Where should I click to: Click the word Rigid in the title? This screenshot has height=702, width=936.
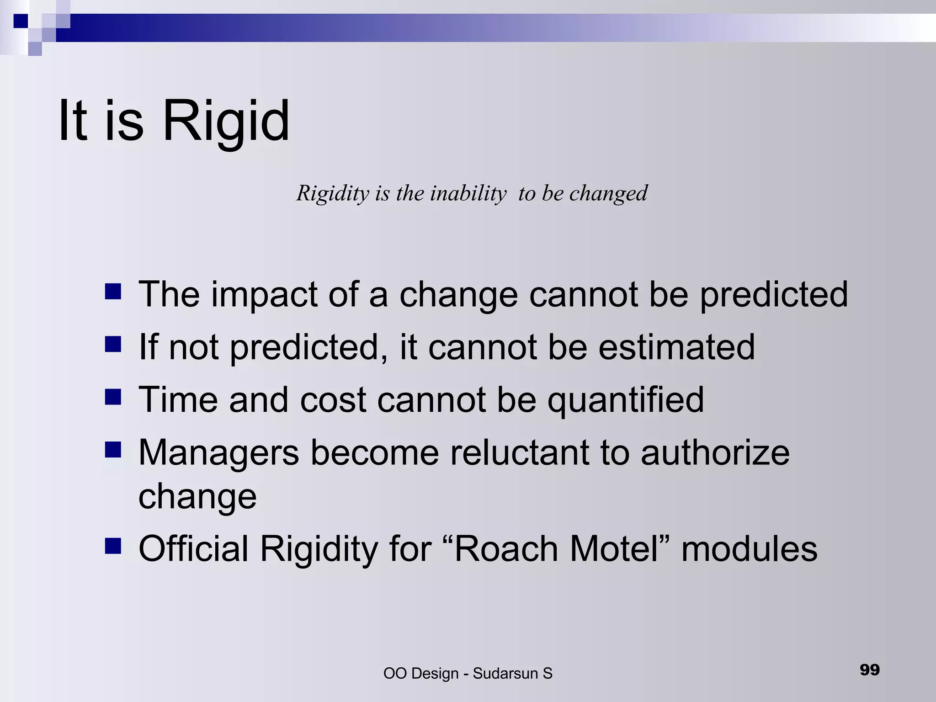click(x=226, y=121)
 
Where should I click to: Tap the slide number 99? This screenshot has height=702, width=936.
click(x=869, y=670)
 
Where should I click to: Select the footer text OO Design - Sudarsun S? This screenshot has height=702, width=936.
click(x=468, y=673)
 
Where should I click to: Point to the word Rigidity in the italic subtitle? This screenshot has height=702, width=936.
click(x=332, y=193)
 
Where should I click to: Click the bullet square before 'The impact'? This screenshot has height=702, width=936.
click(x=113, y=291)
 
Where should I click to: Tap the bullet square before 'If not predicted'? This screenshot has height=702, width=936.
click(x=113, y=344)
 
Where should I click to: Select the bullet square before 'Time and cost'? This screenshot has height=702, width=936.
click(x=113, y=397)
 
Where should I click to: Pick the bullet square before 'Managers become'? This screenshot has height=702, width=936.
click(x=113, y=449)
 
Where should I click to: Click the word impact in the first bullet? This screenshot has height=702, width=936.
click(x=264, y=295)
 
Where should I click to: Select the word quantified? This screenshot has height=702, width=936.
click(x=626, y=400)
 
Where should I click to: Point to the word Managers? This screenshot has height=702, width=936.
click(x=218, y=453)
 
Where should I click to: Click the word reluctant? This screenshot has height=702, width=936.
click(x=519, y=453)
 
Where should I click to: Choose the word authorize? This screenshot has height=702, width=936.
click(x=715, y=453)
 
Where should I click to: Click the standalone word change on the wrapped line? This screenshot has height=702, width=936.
click(x=197, y=497)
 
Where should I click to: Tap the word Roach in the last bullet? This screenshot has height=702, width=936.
click(x=506, y=549)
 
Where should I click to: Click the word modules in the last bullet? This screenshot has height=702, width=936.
click(x=749, y=549)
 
